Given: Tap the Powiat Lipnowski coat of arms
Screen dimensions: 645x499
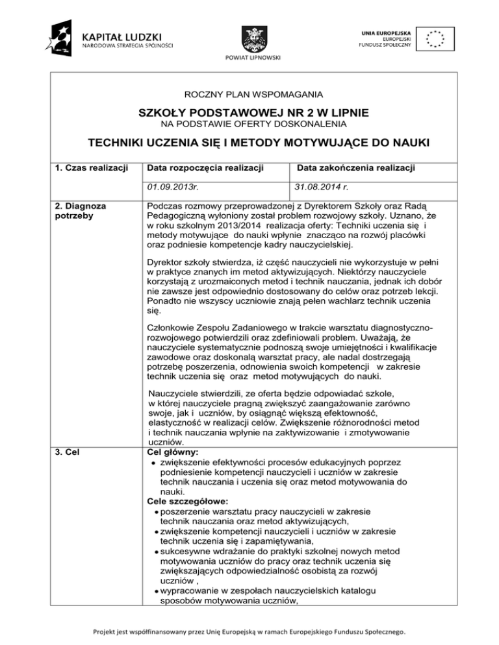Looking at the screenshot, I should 249,37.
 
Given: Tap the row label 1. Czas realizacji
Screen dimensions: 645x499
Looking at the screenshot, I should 90,169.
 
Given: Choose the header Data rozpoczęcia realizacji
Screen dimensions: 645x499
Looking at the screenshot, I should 205,169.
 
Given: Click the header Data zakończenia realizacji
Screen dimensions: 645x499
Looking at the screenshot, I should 356,169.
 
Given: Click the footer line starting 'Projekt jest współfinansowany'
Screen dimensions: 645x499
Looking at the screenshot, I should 249,631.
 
